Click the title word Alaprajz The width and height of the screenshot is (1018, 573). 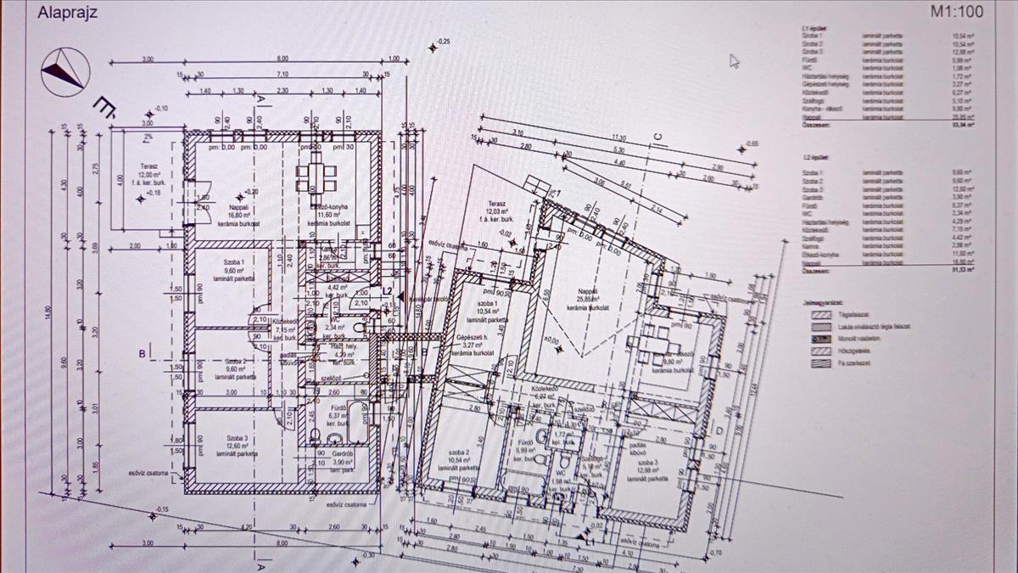coord(67,14)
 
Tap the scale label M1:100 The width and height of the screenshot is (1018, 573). coord(955,12)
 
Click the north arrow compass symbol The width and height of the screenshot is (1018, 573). coord(65,70)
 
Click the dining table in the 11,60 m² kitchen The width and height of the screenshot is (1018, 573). coord(316,173)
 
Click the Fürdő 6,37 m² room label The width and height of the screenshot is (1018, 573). coord(337,415)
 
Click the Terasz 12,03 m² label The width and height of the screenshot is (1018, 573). coord(497,208)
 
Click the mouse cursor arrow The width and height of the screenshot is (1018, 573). coord(734,60)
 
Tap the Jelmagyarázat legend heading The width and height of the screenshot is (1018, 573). coord(825,301)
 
